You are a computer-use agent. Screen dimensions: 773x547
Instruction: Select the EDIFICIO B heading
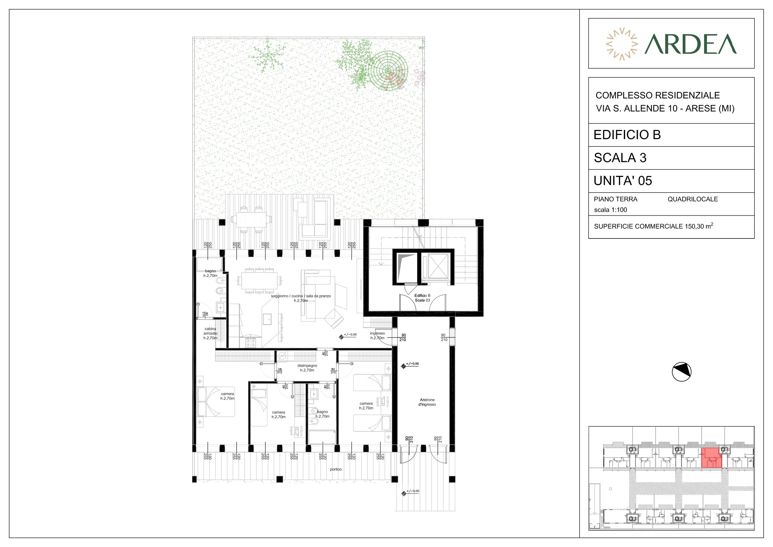(x=627, y=135)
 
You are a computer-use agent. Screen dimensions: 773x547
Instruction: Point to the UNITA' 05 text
(x=623, y=181)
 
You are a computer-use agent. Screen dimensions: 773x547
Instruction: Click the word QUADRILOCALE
(x=693, y=199)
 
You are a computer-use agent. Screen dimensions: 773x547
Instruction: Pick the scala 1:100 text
(x=610, y=210)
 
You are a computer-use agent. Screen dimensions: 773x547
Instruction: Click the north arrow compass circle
(x=681, y=372)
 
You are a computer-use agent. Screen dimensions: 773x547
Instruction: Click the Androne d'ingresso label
(x=427, y=402)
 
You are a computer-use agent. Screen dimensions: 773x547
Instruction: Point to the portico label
(x=336, y=469)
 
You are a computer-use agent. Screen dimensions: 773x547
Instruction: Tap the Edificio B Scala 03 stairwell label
(x=422, y=298)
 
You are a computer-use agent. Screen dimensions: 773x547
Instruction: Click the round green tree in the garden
(x=388, y=71)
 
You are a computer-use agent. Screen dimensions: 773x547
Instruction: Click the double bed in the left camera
(x=216, y=401)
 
